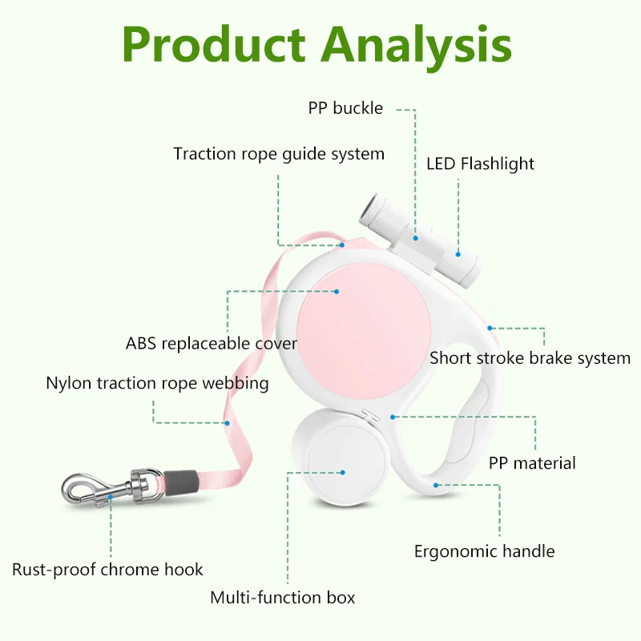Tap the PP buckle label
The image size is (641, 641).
345,108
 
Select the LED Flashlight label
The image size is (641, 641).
480,164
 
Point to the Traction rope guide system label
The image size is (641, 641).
279,154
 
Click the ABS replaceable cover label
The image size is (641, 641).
212,344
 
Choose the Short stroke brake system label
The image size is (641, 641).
530,358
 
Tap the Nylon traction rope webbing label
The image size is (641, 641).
157,383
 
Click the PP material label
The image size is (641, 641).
532,463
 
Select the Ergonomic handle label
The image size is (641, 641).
484,551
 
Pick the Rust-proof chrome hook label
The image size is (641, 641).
107,570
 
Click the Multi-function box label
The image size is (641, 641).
282,598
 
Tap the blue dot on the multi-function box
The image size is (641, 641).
342,473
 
